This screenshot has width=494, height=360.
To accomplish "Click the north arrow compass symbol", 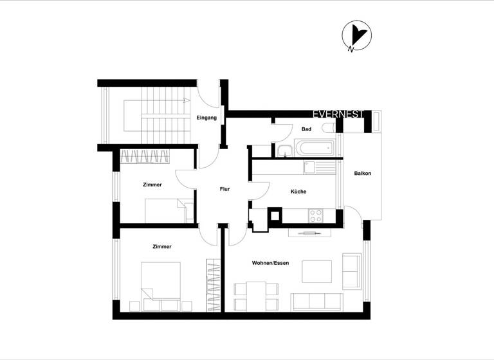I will click(x=355, y=36).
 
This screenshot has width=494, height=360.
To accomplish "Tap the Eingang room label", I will click(x=206, y=118).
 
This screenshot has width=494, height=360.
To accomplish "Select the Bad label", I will click(x=306, y=130).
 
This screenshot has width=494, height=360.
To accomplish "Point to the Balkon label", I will click(x=363, y=174).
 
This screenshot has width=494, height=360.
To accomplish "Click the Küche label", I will click(x=298, y=192).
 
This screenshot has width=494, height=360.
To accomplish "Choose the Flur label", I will click(x=224, y=189).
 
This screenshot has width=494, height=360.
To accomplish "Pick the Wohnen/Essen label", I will click(x=270, y=263).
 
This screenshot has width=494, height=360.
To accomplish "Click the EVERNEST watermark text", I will click(x=338, y=114).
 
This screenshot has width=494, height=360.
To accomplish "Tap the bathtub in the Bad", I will click(x=314, y=148).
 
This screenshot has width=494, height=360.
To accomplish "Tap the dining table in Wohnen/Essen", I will click(x=257, y=295).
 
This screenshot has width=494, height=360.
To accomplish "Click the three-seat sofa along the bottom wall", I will click(x=316, y=300).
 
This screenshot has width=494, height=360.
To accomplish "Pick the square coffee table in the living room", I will click(x=316, y=271).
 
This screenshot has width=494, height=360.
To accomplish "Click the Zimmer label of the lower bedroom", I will click(x=162, y=246).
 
